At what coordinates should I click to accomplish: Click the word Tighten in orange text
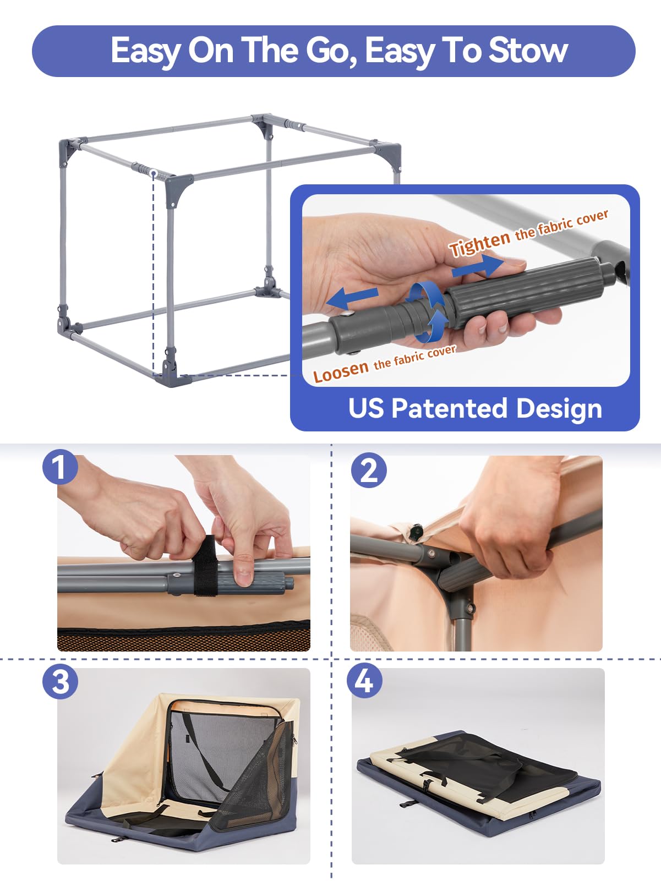(x=479, y=244)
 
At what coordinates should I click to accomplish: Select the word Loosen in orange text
(x=341, y=372)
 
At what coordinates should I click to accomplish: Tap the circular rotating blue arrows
(x=427, y=310)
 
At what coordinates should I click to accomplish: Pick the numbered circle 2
(x=369, y=470)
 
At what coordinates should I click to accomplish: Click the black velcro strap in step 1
(x=205, y=567)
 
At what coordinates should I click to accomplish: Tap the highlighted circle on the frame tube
(x=154, y=173)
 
